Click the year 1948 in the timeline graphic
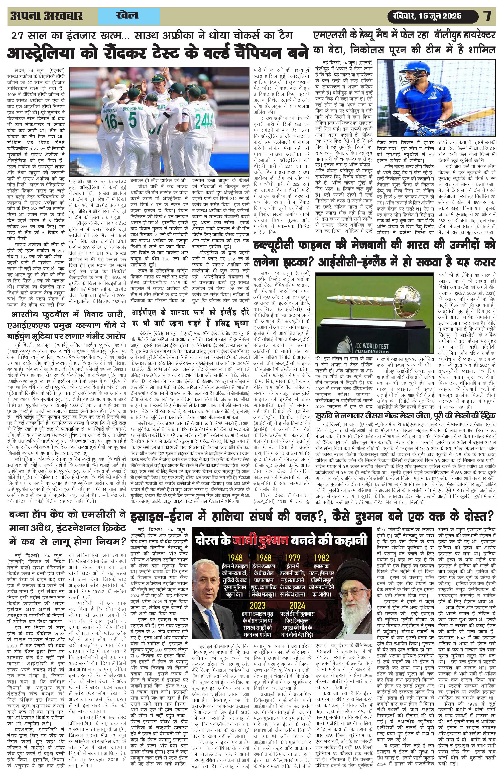tap(235, 558)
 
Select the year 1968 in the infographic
tap(264, 558)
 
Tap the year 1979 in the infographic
tap(292, 558)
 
